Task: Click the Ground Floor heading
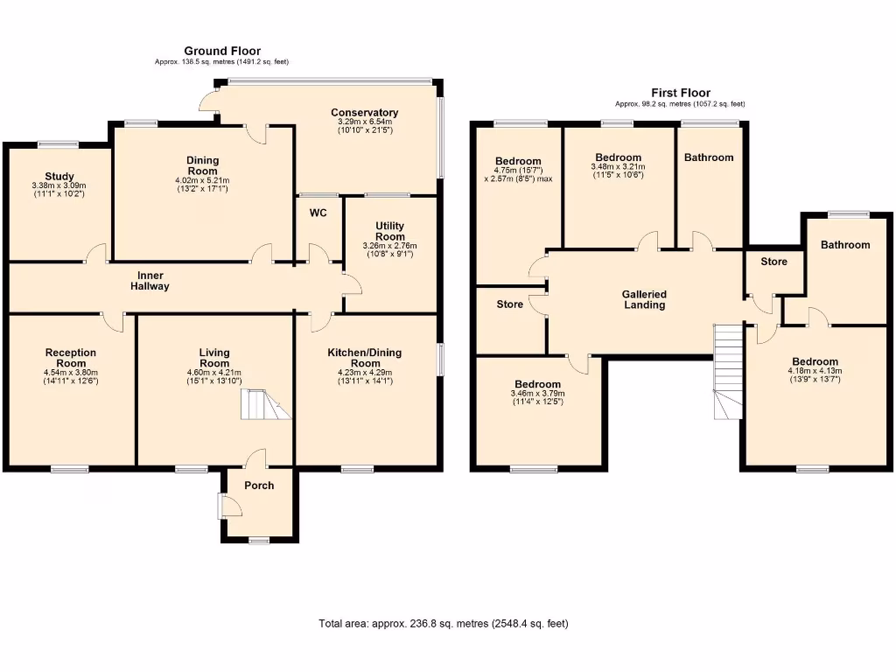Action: [221, 52]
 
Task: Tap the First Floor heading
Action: [680, 93]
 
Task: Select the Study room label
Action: [59, 176]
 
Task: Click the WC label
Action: [318, 213]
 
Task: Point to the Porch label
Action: [259, 486]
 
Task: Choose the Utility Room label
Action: [390, 231]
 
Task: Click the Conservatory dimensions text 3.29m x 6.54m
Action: [364, 122]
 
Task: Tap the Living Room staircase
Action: [266, 406]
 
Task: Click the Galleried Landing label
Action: [644, 300]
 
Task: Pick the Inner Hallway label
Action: [150, 281]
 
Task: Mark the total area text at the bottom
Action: [444, 624]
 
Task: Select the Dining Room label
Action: [202, 165]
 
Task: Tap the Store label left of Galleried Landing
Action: [509, 304]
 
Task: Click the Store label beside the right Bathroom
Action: [773, 262]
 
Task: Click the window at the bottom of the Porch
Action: [259, 541]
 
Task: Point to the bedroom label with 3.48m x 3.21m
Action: [618, 157]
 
